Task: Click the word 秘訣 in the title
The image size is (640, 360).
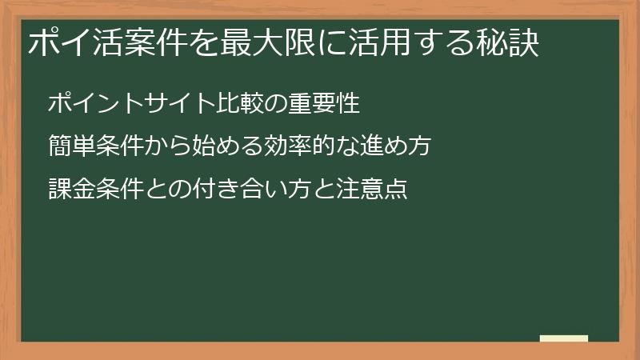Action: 509,42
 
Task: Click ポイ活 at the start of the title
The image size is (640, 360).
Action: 76,42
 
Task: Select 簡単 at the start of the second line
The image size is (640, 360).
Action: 72,146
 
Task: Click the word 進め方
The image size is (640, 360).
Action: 395,146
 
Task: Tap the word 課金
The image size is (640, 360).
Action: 72,190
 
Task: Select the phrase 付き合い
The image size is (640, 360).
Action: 241,190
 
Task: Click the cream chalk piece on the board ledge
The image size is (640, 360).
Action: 563,338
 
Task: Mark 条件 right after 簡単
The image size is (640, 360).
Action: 121,146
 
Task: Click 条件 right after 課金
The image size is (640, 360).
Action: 121,190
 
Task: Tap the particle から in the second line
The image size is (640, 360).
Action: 169,146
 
